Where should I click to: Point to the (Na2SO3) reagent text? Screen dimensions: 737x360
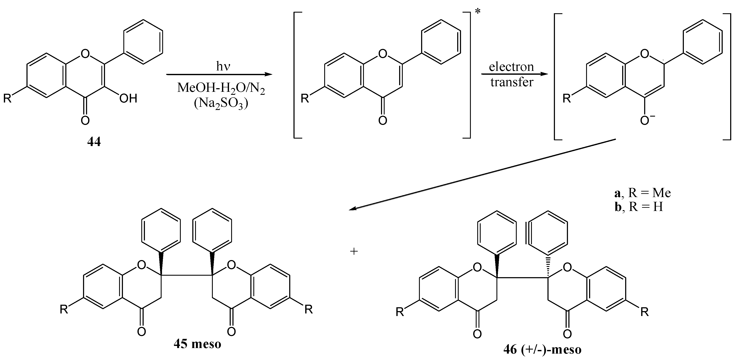click(x=220, y=104)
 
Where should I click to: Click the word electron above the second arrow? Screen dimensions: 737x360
click(x=511, y=67)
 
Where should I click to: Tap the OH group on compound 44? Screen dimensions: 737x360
click(x=128, y=99)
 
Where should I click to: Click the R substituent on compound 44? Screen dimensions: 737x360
click(x=7, y=99)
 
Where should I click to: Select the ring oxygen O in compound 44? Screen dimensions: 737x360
click(x=85, y=53)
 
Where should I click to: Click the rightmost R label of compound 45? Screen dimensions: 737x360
click(x=309, y=309)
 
